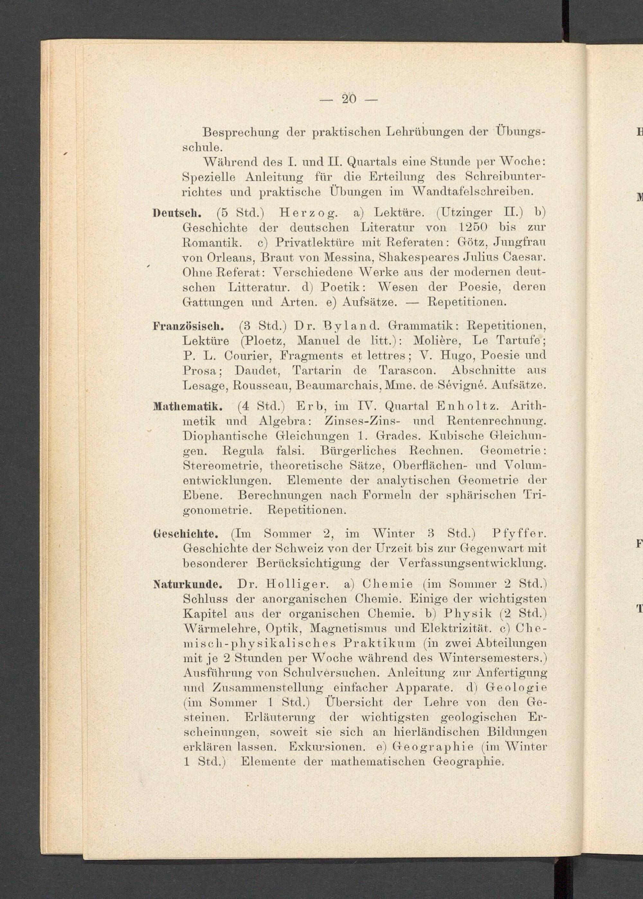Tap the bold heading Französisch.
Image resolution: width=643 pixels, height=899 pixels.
pos(189,327)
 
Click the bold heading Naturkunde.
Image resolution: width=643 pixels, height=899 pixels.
pos(188,584)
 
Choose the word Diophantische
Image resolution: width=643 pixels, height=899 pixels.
pos(226,436)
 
